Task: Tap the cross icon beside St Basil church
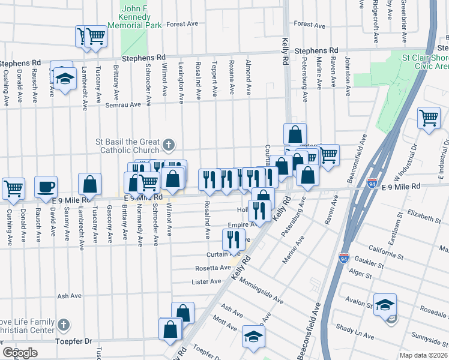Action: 169,145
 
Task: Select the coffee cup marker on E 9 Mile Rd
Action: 46,187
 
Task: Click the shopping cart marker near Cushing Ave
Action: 13,188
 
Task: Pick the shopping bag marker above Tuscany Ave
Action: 89,184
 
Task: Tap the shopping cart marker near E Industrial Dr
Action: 428,118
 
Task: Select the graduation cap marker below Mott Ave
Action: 253,336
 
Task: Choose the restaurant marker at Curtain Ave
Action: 233,239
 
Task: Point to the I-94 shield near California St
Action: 344,257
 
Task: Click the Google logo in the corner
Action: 20,353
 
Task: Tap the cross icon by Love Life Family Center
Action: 64,324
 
